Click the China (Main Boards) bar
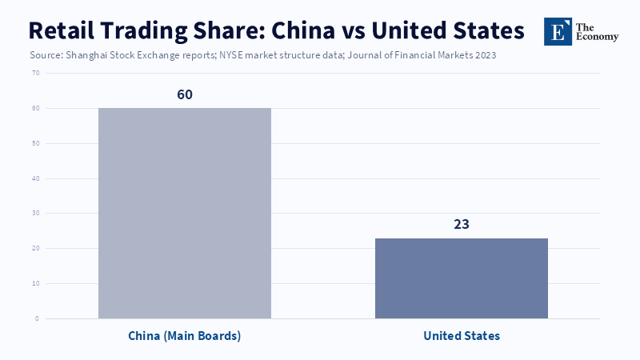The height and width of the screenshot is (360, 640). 185,213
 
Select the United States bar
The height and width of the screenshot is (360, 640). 462,278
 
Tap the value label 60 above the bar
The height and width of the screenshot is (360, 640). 185,94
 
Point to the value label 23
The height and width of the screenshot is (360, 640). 462,224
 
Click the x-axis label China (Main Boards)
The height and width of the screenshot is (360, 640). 185,336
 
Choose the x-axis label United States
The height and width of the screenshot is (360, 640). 462,336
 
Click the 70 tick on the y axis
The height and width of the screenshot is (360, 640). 35,73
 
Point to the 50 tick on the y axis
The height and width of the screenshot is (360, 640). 35,143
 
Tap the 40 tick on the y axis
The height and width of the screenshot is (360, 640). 35,178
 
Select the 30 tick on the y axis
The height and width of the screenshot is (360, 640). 35,214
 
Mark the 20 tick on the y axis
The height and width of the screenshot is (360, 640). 35,248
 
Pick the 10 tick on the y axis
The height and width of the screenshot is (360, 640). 35,283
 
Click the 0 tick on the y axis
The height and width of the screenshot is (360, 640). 37,318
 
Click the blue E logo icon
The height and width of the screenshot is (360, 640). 558,31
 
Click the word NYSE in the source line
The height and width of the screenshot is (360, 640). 234,56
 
